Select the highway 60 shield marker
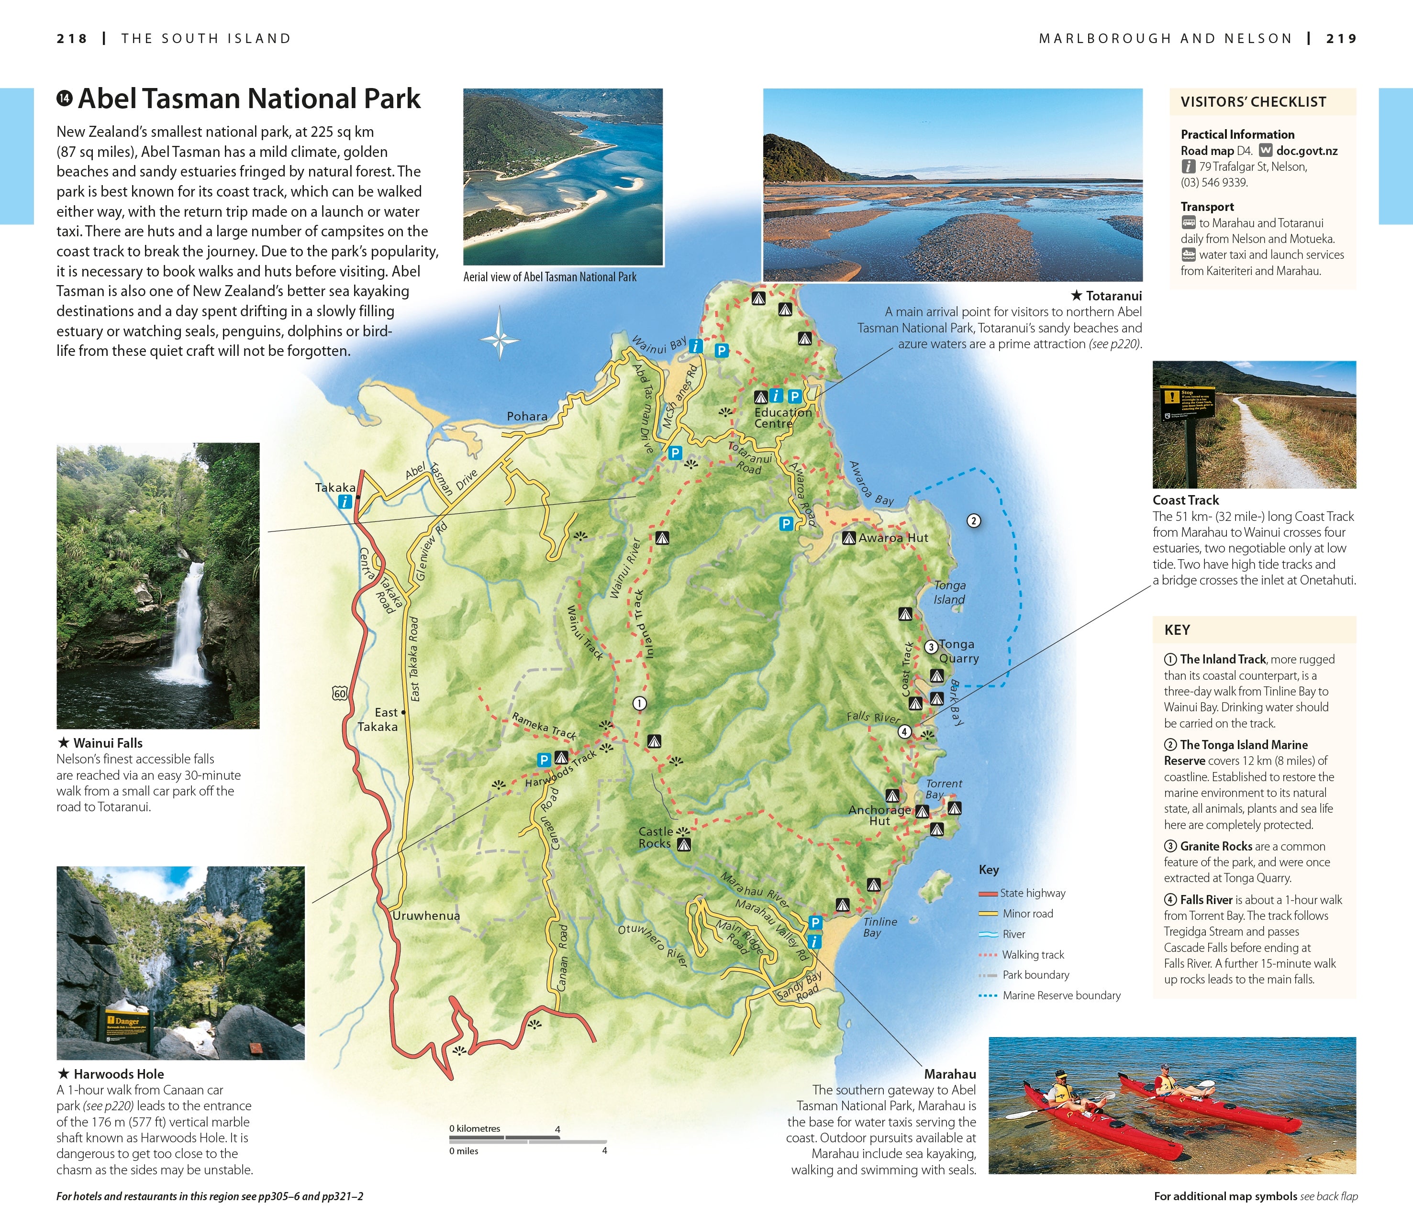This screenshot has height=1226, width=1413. click(x=339, y=694)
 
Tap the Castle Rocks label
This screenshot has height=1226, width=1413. click(x=655, y=838)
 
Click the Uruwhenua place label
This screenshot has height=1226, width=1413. click(x=425, y=916)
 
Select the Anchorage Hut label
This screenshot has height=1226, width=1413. click(x=879, y=815)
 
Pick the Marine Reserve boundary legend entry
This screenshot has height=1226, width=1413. click(x=1061, y=995)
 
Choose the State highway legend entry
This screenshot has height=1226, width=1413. click(x=1032, y=893)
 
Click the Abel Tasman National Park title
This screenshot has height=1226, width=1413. click(x=249, y=99)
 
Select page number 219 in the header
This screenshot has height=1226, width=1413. click(x=1341, y=38)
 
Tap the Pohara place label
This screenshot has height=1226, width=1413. click(x=527, y=416)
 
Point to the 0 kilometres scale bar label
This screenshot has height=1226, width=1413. click(x=475, y=1128)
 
